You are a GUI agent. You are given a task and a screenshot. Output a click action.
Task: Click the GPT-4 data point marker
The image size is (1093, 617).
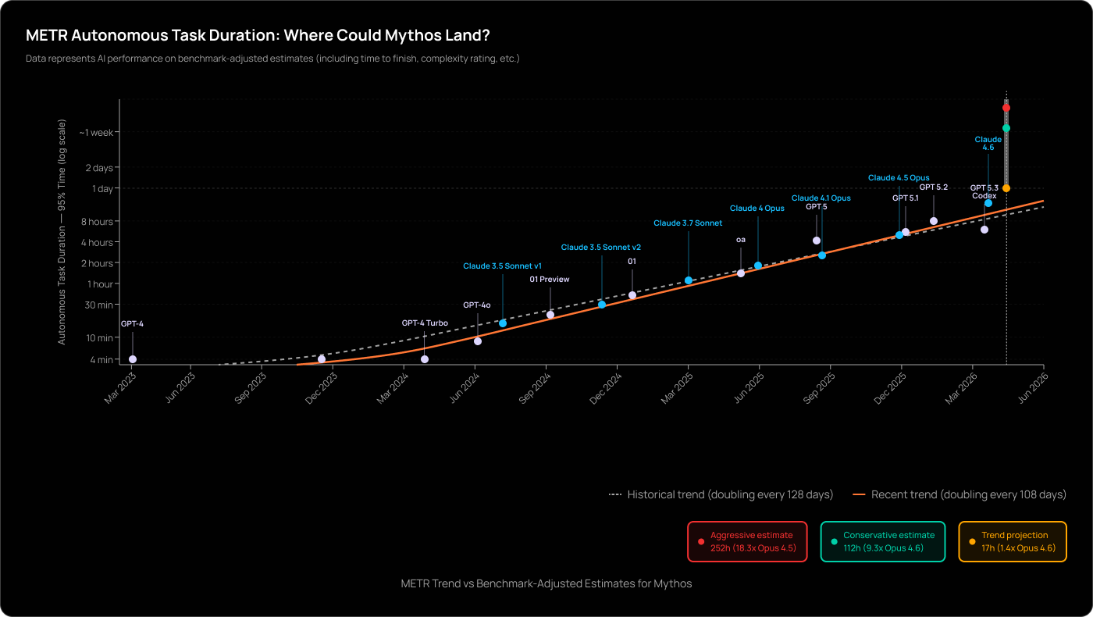click(133, 359)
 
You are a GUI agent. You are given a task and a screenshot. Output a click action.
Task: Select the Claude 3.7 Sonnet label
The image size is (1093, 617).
click(688, 223)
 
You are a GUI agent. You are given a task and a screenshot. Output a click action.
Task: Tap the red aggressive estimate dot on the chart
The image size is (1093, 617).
click(1006, 108)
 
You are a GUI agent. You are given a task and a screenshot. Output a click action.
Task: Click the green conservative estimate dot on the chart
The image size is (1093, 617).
click(1006, 127)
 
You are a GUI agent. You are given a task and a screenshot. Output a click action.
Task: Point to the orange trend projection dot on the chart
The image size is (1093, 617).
click(1006, 188)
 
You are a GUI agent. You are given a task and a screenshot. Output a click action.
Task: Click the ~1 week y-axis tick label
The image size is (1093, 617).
click(97, 132)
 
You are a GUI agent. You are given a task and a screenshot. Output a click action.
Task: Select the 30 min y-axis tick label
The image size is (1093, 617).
click(98, 305)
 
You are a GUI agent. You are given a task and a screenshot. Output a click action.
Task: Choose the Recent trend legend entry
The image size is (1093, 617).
click(959, 494)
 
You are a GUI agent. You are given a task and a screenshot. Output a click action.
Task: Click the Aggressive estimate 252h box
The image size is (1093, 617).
click(746, 541)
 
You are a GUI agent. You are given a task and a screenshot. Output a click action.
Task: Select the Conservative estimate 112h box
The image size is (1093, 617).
click(882, 541)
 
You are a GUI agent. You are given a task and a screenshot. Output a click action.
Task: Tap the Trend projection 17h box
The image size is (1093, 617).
click(1012, 541)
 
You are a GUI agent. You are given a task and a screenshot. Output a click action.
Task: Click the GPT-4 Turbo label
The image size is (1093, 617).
click(425, 323)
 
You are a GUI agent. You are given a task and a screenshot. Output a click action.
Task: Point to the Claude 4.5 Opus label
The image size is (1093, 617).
click(899, 178)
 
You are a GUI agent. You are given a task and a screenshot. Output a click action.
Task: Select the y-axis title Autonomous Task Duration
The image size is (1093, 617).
click(62, 231)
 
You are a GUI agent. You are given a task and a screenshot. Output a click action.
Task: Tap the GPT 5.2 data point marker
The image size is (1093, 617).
click(934, 221)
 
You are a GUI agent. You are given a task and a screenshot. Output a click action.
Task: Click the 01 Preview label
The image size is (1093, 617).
click(550, 279)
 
